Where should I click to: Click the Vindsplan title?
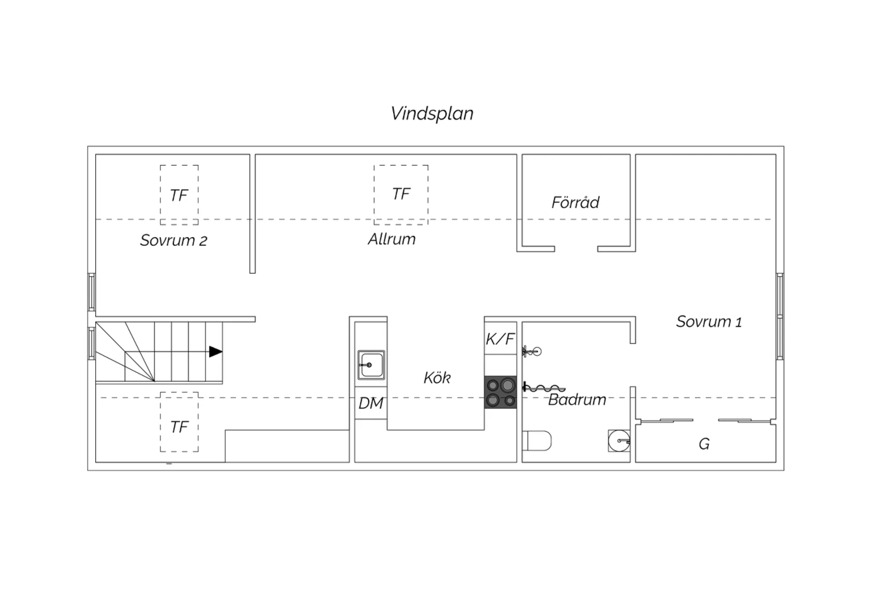pyautogui.click(x=432, y=114)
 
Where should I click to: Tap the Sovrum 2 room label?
pyautogui.click(x=174, y=241)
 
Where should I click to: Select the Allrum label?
pyautogui.click(x=392, y=239)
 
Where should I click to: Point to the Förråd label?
pyautogui.click(x=575, y=202)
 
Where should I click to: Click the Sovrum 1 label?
pyautogui.click(x=709, y=322)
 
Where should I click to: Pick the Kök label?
pyautogui.click(x=437, y=378)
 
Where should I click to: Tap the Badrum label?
pyautogui.click(x=577, y=400)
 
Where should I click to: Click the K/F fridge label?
pyautogui.click(x=501, y=339)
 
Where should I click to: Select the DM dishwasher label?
pyautogui.click(x=371, y=403)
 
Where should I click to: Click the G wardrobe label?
pyautogui.click(x=704, y=444)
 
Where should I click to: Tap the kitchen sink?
pyautogui.click(x=372, y=365)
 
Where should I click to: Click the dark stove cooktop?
pyautogui.click(x=501, y=392)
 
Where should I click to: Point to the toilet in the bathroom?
pyautogui.click(x=537, y=441)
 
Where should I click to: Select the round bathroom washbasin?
pyautogui.click(x=619, y=441)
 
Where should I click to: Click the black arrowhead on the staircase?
pyautogui.click(x=216, y=352)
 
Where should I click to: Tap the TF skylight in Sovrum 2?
pyautogui.click(x=179, y=195)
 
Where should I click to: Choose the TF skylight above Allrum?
pyautogui.click(x=401, y=195)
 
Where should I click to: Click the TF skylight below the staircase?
pyautogui.click(x=179, y=422)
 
